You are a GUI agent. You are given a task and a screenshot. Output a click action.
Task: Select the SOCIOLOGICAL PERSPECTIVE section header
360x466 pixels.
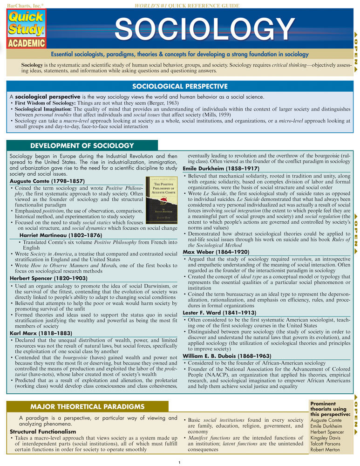tap(180, 86)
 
